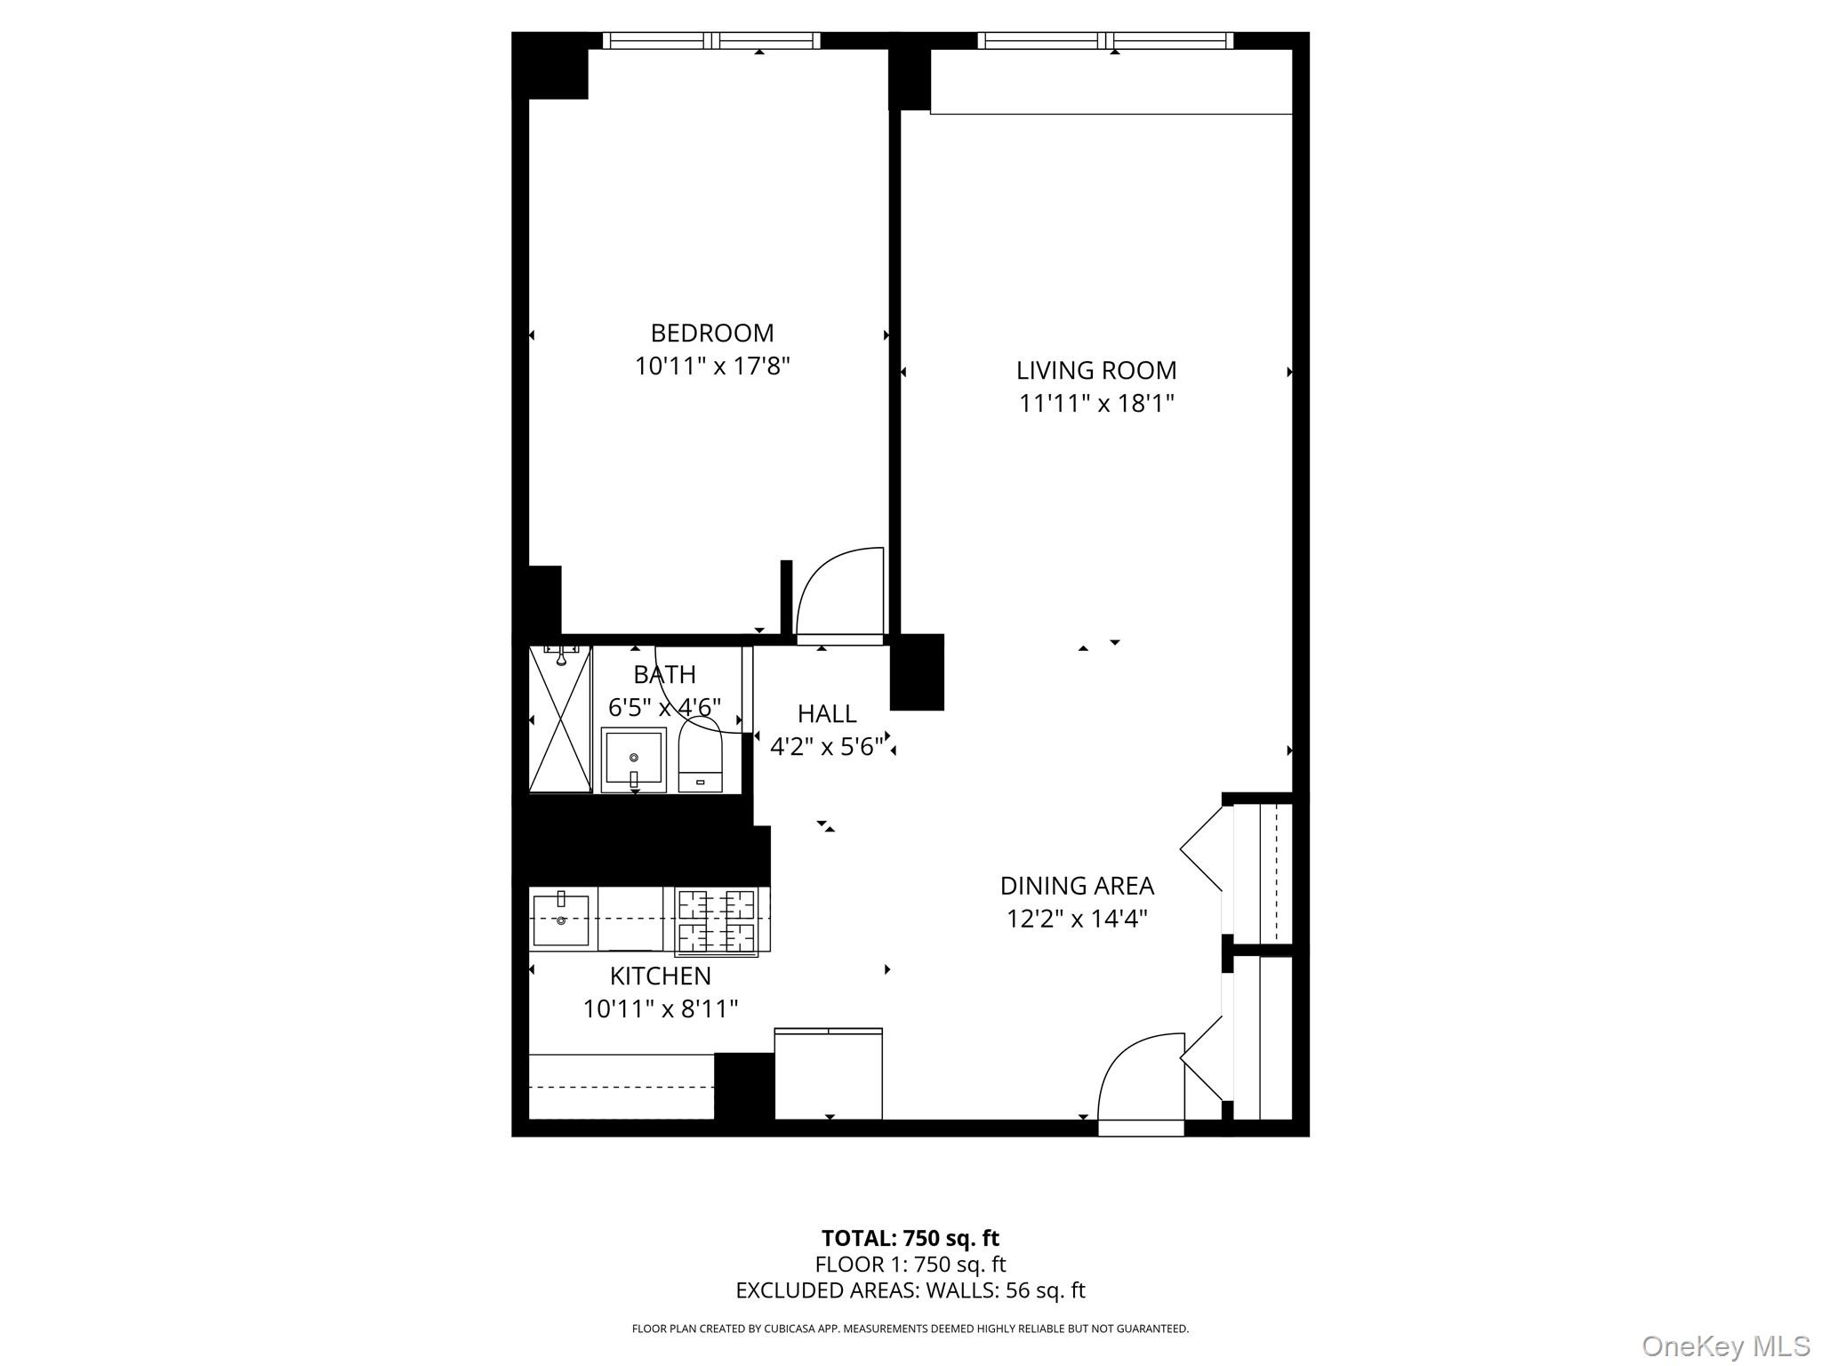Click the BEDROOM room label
712,333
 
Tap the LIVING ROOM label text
1095,371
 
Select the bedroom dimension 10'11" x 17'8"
712,366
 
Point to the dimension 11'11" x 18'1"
1095,404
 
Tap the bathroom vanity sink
633,759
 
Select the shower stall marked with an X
560,719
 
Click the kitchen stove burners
716,921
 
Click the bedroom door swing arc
838,592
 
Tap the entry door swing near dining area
1140,1078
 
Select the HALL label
827,714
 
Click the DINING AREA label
1077,886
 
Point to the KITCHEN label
660,976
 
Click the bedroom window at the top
711,41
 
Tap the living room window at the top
1105,41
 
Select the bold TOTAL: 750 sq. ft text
910,1238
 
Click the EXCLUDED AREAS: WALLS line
910,1290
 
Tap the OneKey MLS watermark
1725,1346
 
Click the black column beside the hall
917,672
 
